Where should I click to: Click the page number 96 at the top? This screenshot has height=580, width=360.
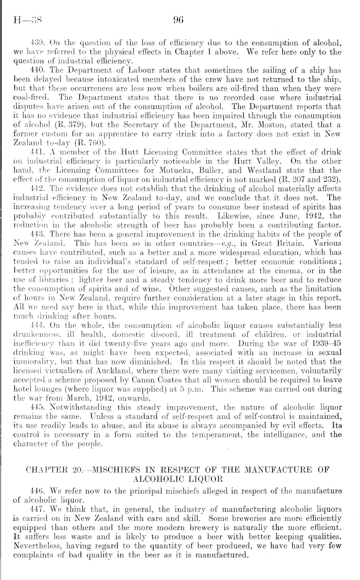179,21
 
